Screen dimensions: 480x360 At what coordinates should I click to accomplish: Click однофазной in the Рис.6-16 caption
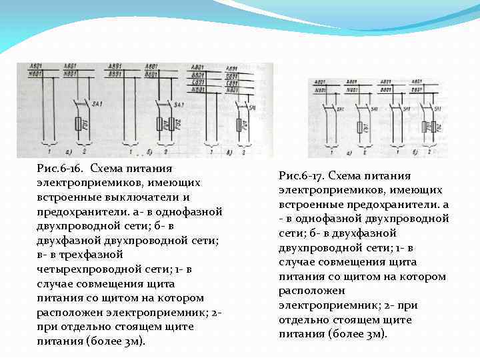tap(189, 212)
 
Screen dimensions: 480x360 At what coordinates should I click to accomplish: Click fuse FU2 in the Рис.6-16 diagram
tap(179, 125)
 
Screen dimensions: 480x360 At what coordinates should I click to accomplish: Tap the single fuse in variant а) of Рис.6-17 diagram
tap(361, 128)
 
